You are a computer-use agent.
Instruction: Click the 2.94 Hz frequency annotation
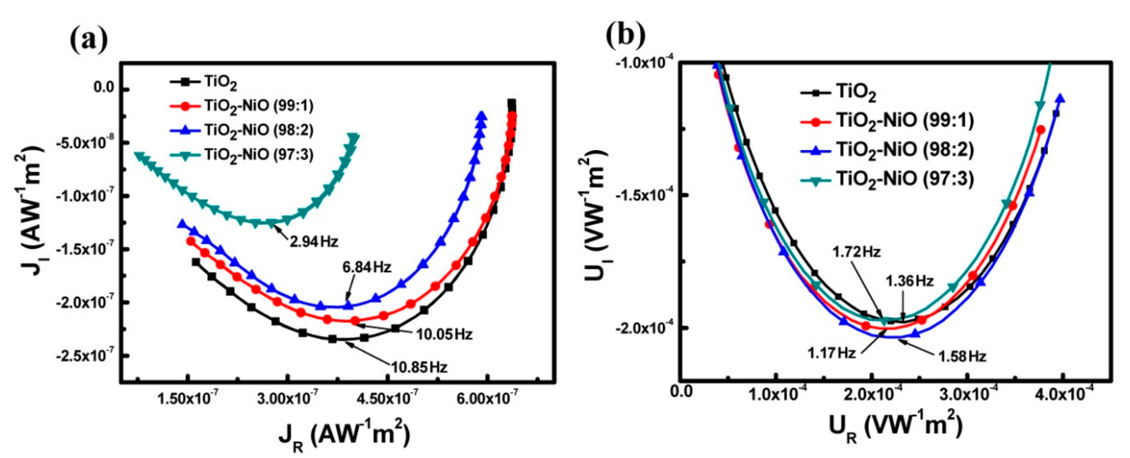tap(314, 241)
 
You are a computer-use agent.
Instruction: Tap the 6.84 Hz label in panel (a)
tap(367, 267)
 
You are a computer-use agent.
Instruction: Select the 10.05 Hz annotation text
tap(444, 334)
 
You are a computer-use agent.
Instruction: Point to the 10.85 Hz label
tap(419, 367)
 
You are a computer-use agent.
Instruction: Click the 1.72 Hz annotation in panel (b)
tap(857, 252)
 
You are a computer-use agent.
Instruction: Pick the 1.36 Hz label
tap(909, 281)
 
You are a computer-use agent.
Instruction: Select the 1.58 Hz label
tap(963, 356)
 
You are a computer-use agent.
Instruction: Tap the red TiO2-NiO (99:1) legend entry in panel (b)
tap(904, 121)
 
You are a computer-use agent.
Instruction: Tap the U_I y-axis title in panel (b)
tap(597, 206)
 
